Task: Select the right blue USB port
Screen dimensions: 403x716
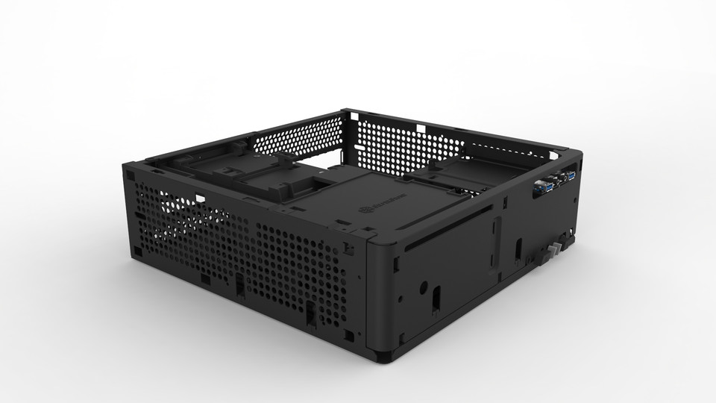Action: click(571, 175)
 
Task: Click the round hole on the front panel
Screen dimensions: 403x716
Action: click(423, 285)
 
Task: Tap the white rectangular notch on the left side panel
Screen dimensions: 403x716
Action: click(200, 199)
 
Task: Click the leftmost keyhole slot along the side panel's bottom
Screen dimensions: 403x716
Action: click(239, 285)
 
